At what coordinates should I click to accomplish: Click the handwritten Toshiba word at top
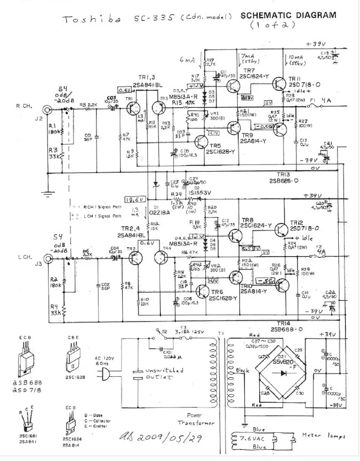point(85,19)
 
